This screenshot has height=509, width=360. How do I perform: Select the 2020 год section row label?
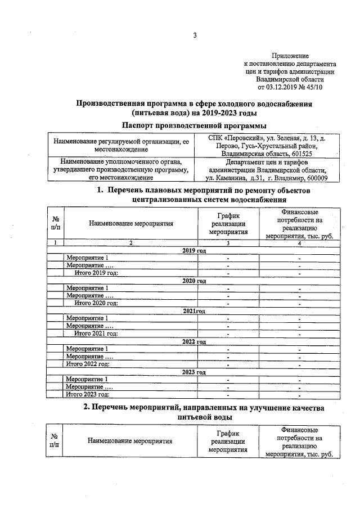[x=194, y=281]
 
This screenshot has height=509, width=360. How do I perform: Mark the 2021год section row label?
[x=194, y=311]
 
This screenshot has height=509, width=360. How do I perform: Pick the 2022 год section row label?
[x=194, y=341]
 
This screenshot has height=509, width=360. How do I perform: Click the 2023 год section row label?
[x=194, y=372]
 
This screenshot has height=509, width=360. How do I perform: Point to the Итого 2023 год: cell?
[x=87, y=395]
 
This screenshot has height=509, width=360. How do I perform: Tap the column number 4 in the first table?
[x=299, y=243]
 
